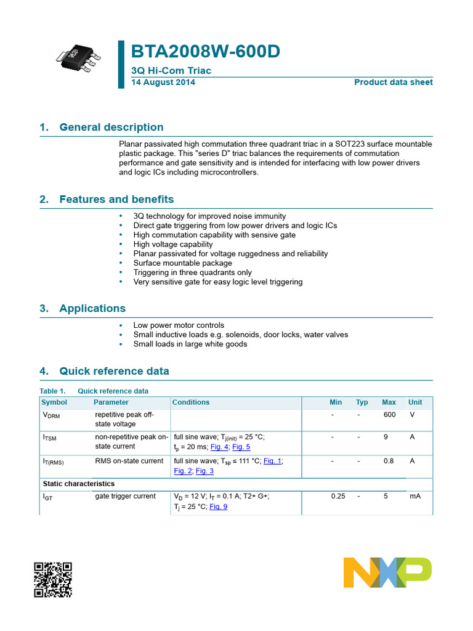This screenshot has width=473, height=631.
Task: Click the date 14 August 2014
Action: coord(163,82)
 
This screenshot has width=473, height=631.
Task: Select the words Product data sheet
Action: coord(393,82)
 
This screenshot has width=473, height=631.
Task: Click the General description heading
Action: coord(111,128)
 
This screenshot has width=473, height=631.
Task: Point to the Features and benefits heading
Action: coord(116,200)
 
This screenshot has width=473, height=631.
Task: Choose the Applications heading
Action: coord(92,309)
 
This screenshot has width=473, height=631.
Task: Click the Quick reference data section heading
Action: coord(114,372)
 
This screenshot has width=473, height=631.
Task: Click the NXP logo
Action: coord(387,572)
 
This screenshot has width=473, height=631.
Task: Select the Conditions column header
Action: coord(191,402)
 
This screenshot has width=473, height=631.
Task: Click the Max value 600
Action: coord(389,415)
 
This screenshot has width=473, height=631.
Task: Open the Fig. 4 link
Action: coord(219,447)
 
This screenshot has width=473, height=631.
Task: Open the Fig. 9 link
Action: coord(218,507)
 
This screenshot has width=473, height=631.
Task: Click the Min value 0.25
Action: coord(338,496)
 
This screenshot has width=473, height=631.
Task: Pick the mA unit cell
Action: coord(414,496)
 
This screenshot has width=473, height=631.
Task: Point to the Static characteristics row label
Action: coord(78,484)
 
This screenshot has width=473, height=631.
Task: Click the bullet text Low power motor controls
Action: coord(179,325)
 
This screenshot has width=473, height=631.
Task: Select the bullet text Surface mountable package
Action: coord(183,263)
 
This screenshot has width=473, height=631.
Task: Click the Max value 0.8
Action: coord(389,461)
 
